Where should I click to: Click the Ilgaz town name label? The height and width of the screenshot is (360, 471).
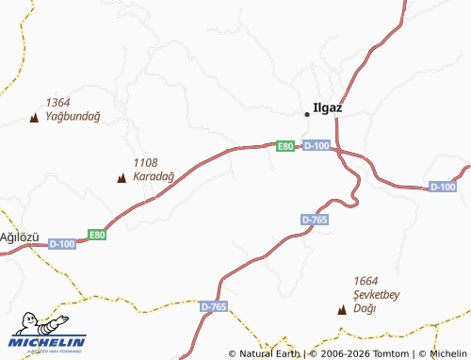pyautogui.click(x=327, y=107)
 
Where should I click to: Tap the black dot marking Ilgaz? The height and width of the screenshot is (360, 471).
pyautogui.click(x=306, y=114)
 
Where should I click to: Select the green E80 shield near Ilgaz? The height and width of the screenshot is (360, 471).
pyautogui.click(x=285, y=146)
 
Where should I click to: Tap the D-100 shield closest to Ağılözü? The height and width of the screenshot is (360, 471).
pyautogui.click(x=61, y=244)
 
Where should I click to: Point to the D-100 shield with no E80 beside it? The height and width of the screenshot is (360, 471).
pyautogui.click(x=443, y=187)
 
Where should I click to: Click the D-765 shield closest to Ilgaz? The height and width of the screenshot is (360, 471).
pyautogui.click(x=316, y=220)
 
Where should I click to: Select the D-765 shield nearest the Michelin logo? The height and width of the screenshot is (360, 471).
pyautogui.click(x=214, y=307)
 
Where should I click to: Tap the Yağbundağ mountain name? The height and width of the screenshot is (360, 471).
pyautogui.click(x=72, y=117)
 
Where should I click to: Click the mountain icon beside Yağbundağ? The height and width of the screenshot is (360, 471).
pyautogui.click(x=35, y=118)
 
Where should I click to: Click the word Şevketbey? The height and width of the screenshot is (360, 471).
pyautogui.click(x=377, y=295)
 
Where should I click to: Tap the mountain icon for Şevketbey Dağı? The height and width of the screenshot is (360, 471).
pyautogui.click(x=341, y=308)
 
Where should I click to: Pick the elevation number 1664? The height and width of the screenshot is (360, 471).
pyautogui.click(x=366, y=282)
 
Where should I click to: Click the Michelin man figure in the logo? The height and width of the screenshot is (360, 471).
pyautogui.click(x=25, y=326)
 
